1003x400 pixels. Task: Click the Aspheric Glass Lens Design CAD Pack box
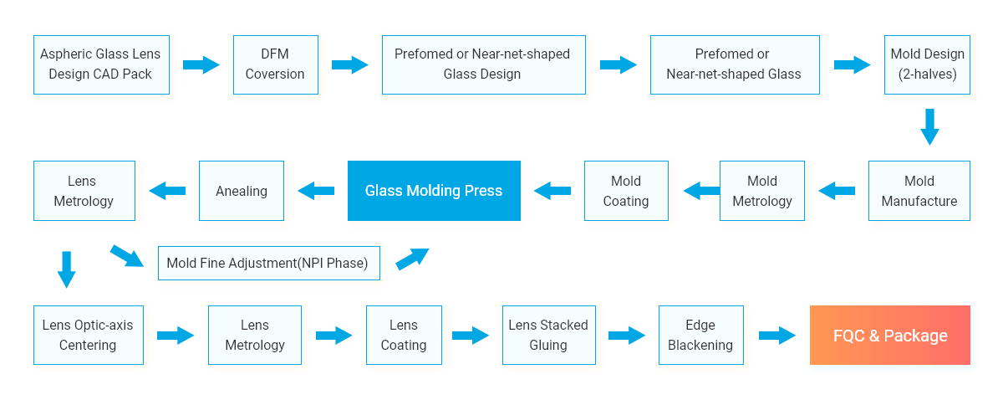(x=101, y=64)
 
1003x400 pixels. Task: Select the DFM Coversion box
(x=275, y=64)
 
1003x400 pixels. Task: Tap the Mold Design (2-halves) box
(x=927, y=64)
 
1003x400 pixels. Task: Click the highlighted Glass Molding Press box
(x=434, y=191)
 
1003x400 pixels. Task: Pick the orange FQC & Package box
(x=889, y=335)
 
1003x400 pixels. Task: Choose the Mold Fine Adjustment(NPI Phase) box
(x=268, y=263)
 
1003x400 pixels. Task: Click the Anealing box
(x=242, y=191)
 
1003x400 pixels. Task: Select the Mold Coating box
(x=626, y=191)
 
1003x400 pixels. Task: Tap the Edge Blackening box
(x=700, y=335)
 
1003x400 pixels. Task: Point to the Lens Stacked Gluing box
(x=548, y=335)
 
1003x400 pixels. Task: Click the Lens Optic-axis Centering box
(x=89, y=335)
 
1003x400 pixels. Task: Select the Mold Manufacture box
(x=919, y=191)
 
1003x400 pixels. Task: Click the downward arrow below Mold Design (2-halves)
(x=929, y=127)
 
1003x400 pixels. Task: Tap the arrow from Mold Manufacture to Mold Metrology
(x=837, y=191)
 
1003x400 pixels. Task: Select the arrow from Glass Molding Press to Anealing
(x=316, y=191)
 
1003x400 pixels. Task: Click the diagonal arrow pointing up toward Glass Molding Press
(x=412, y=259)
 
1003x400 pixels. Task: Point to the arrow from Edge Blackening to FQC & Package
(x=777, y=336)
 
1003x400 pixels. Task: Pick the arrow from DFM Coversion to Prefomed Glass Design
(x=349, y=65)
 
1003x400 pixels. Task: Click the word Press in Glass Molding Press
(x=484, y=191)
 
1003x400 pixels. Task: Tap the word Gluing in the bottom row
(x=548, y=346)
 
